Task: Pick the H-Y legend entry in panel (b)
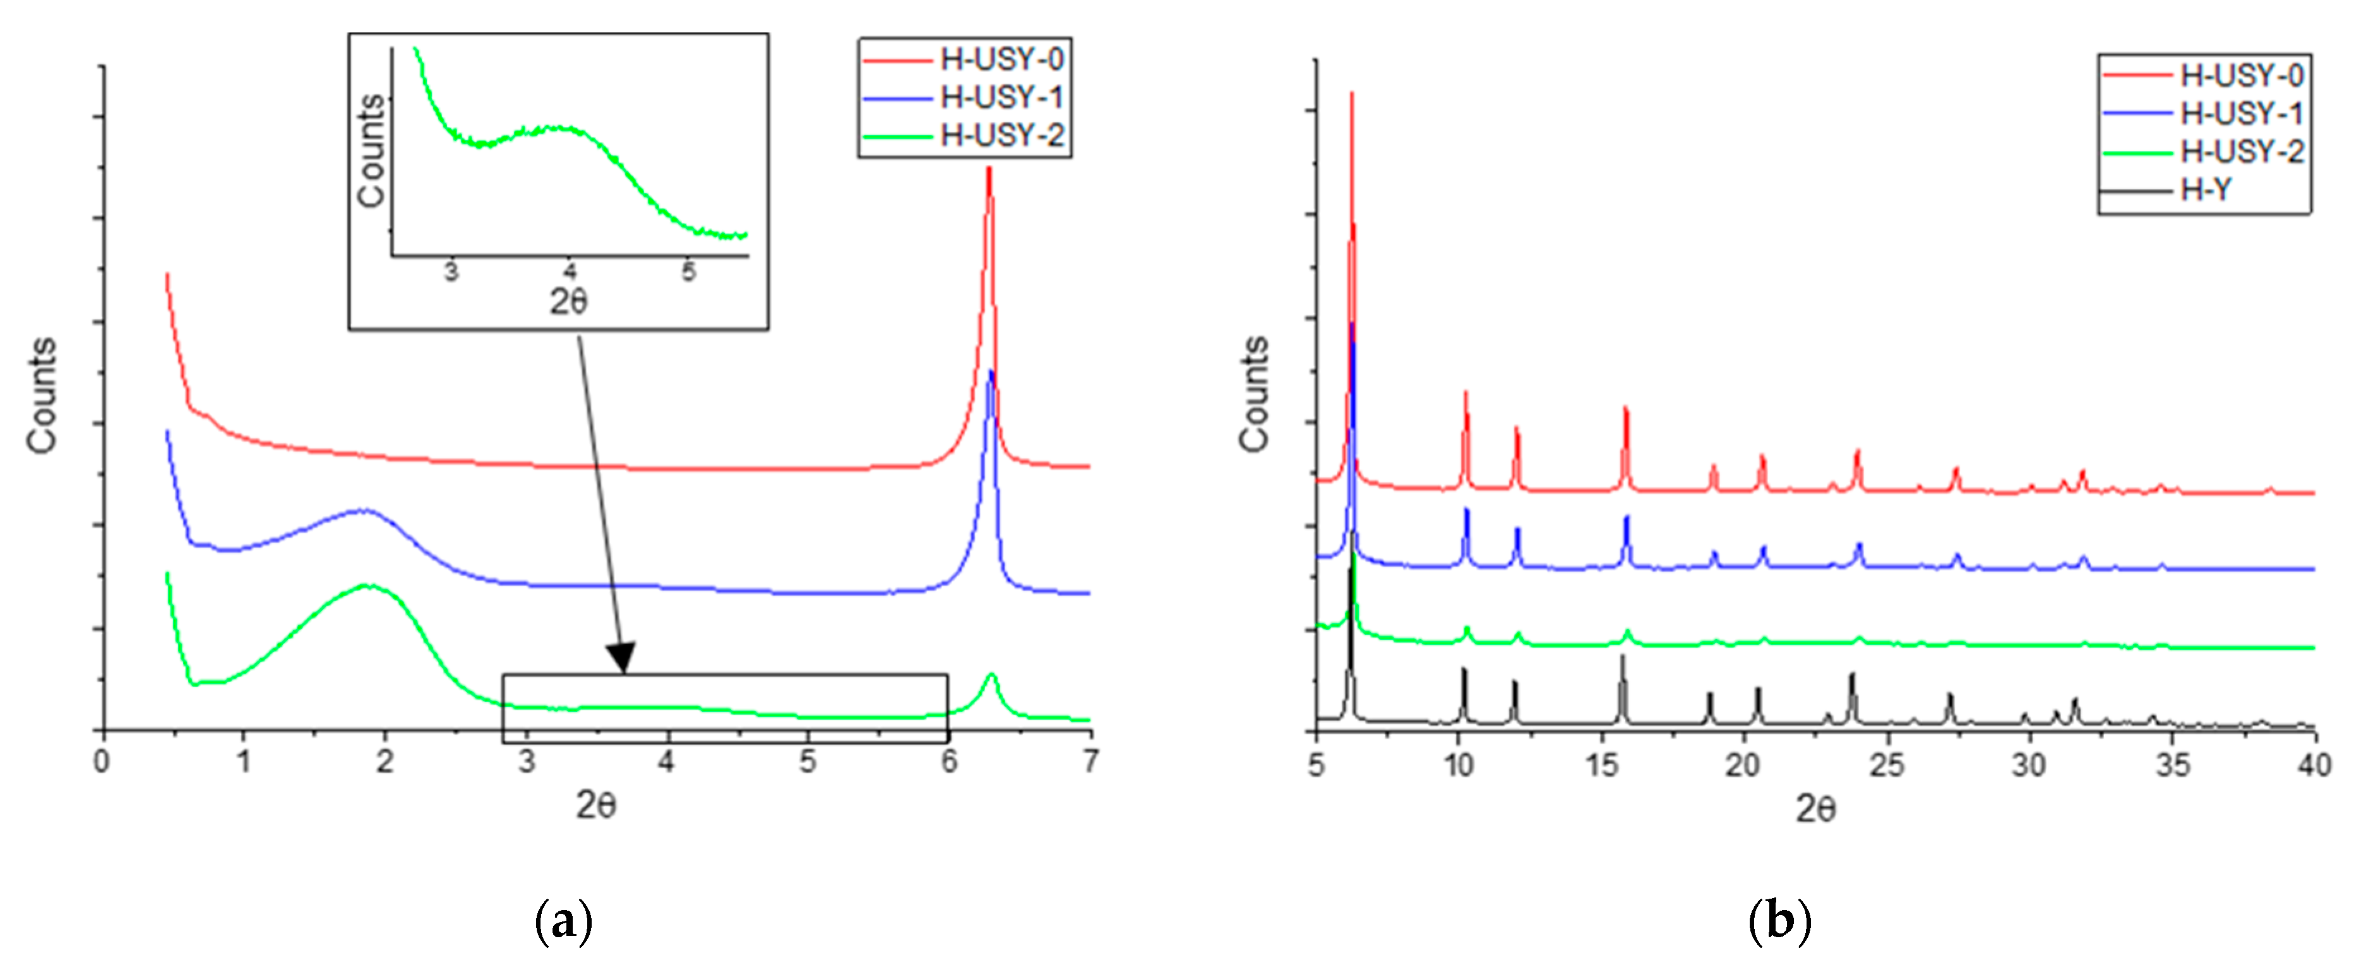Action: [2206, 190]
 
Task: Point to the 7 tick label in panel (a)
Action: [1090, 761]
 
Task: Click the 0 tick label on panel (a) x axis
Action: [102, 761]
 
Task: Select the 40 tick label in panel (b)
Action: [2314, 765]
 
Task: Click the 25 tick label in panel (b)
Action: [1886, 765]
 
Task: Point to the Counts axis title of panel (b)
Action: [1255, 394]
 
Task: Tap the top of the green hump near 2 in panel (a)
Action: [368, 585]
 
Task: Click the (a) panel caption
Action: [563, 921]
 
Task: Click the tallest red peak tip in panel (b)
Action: [1351, 93]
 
